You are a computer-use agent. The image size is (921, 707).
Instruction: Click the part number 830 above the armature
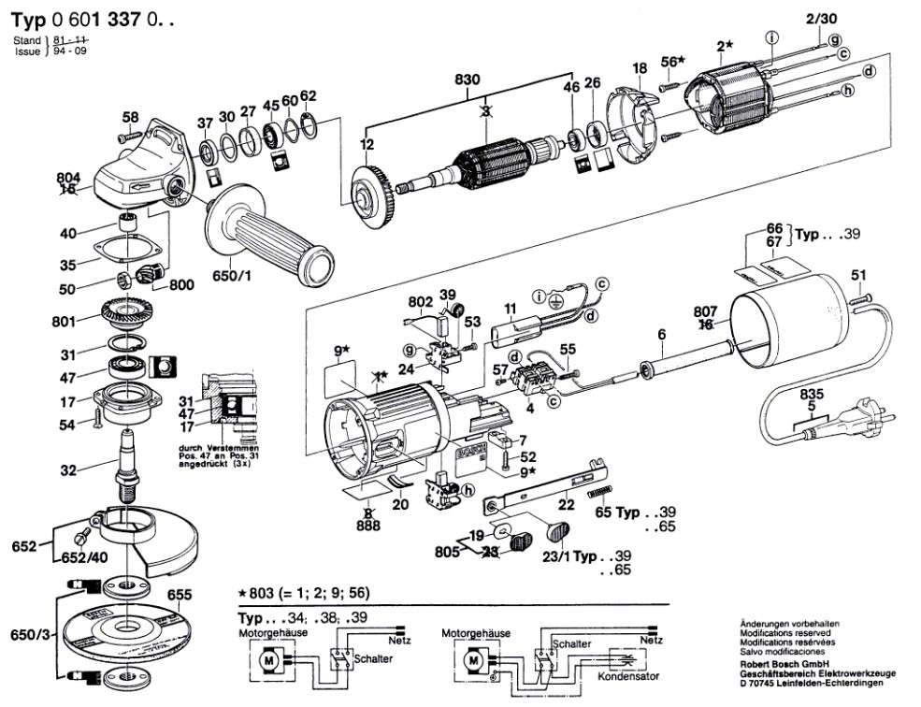pos(468,80)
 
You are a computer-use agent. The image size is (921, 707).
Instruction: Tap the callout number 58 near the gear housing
pos(130,117)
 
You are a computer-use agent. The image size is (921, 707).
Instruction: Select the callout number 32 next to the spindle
pos(67,470)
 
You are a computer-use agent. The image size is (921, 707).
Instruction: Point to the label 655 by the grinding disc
pos(180,594)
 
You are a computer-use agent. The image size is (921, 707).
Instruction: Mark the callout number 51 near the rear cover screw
pos(858,274)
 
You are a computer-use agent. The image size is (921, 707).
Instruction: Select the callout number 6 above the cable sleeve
pos(661,335)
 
